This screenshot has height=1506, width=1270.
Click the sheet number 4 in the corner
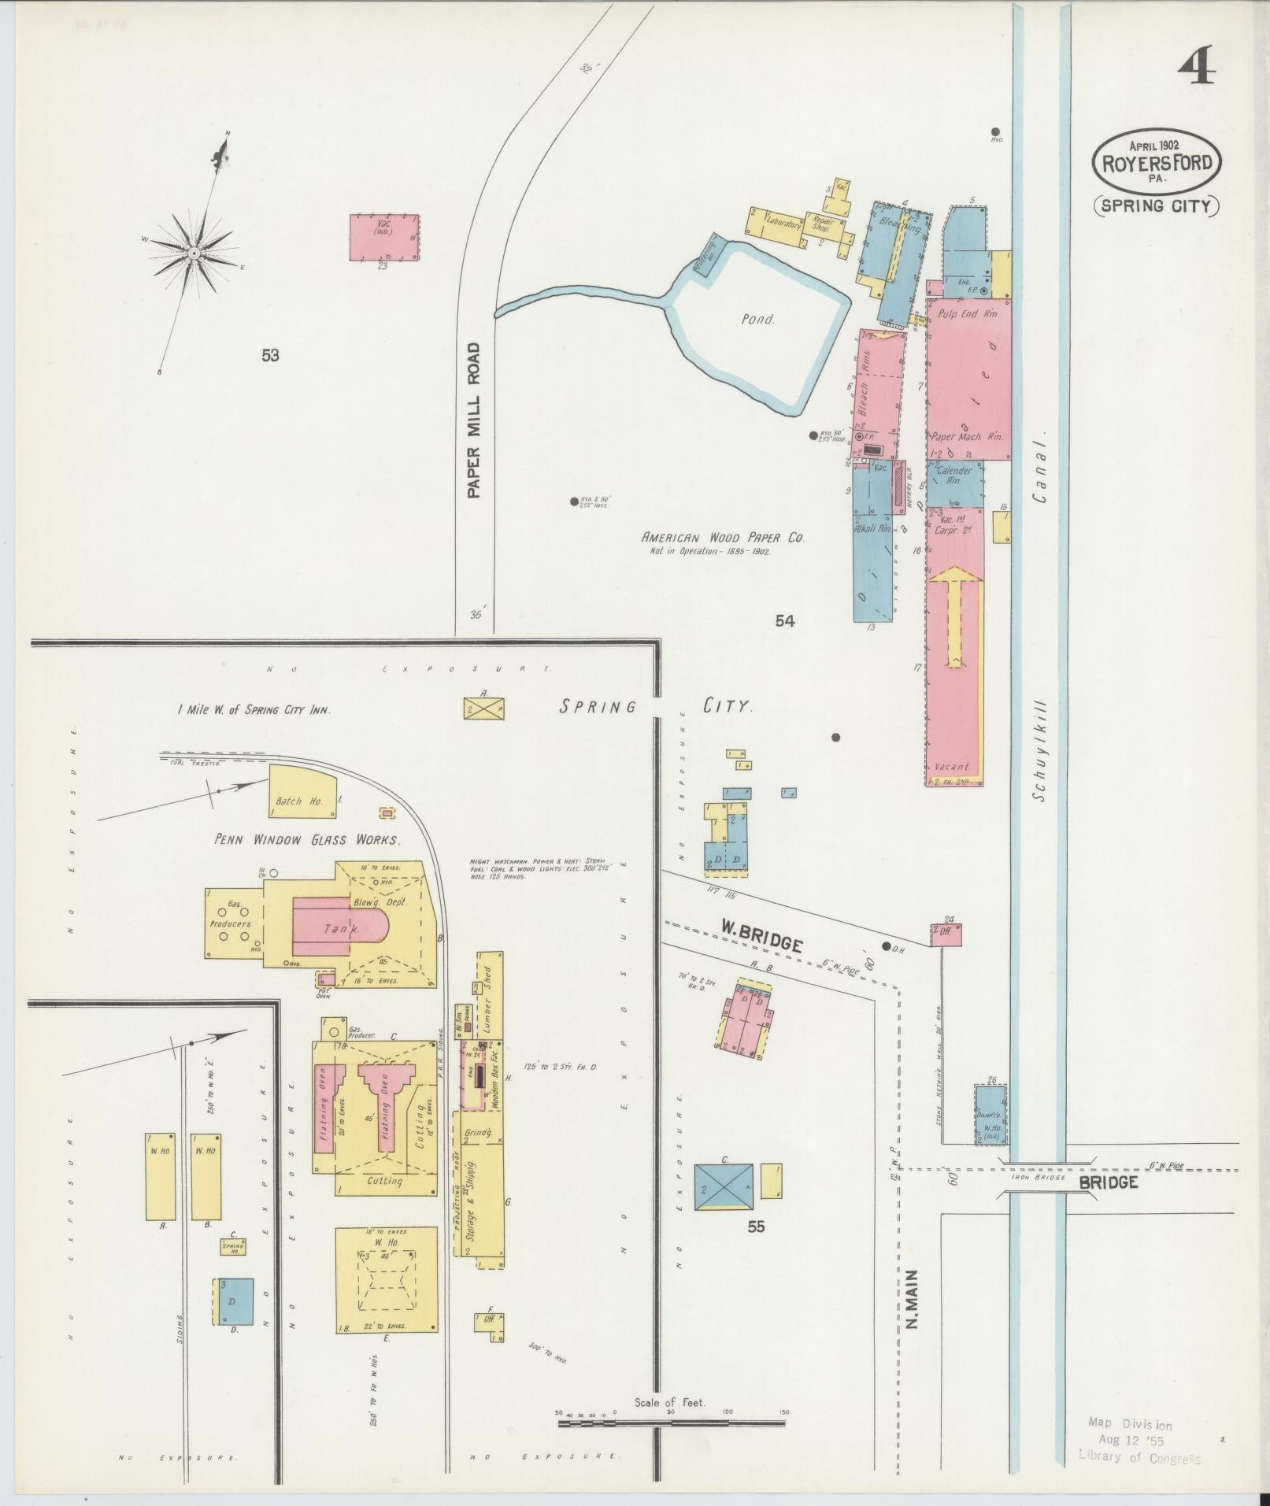pyautogui.click(x=1197, y=66)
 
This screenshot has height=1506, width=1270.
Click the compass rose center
pyautogui.click(x=194, y=253)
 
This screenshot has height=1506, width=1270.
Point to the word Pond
pyautogui.click(x=757, y=320)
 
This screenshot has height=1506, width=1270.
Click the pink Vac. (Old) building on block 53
pyautogui.click(x=385, y=236)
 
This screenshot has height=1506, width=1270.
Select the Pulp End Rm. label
pyautogui.click(x=968, y=313)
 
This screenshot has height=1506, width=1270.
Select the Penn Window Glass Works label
pyautogui.click(x=307, y=840)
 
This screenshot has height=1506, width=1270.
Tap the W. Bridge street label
pyautogui.click(x=761, y=942)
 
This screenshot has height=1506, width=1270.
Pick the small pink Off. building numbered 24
pyautogui.click(x=948, y=934)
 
